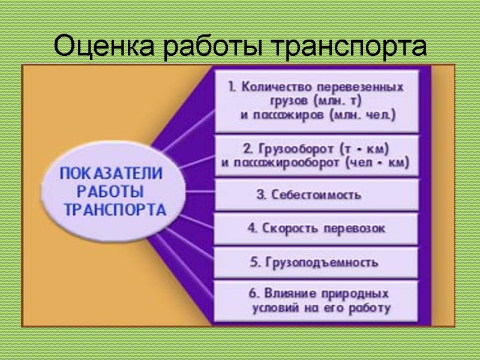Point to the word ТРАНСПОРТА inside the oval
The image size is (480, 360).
(115, 211)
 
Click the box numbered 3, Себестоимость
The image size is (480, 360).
(317, 195)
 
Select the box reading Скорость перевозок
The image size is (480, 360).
(317, 229)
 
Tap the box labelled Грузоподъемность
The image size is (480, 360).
(317, 263)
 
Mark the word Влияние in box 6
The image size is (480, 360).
(285, 295)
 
